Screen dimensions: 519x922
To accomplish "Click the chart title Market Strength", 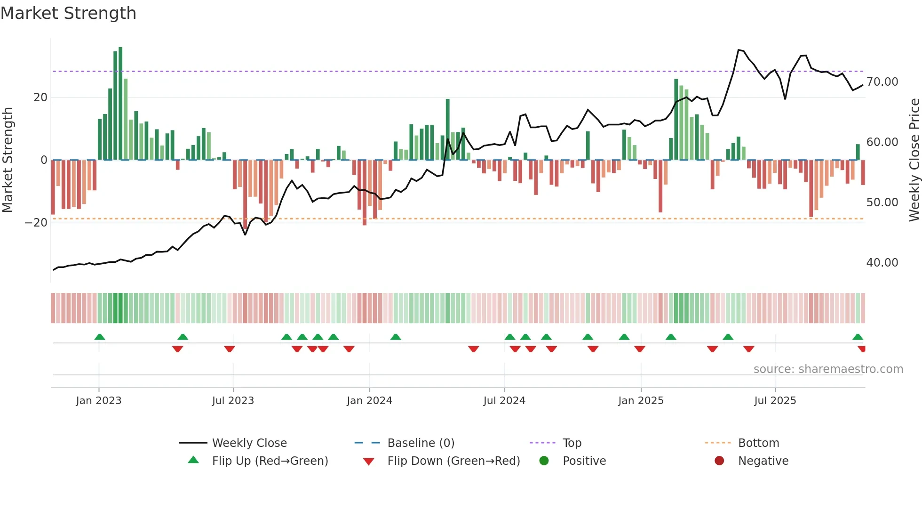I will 68,13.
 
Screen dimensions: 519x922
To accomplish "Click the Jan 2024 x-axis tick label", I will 369,401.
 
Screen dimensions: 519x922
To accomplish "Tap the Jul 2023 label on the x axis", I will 233,401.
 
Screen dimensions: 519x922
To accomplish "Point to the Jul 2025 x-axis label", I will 775,401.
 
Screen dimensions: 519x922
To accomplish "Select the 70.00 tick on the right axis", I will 882,82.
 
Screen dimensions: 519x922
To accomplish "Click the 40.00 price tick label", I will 882,263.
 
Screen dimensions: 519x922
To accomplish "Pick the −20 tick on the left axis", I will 36,223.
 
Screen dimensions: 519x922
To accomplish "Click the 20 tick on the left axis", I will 40,97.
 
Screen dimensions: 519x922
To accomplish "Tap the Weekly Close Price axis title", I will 914,160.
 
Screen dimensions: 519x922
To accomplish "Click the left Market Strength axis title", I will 8,160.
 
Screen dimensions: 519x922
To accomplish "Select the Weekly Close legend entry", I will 249,443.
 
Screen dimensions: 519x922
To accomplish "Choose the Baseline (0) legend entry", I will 421,443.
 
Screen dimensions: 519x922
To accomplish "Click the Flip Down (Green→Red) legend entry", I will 453,461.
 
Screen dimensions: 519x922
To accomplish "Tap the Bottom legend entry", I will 758,443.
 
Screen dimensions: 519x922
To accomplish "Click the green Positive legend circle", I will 544,461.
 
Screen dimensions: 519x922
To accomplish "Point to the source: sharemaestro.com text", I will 828,369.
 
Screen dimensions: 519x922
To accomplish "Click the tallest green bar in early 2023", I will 120,104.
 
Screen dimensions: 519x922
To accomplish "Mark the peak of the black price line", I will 739,50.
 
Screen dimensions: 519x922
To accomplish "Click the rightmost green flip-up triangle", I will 858,337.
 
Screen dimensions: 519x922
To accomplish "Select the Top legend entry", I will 572,443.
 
